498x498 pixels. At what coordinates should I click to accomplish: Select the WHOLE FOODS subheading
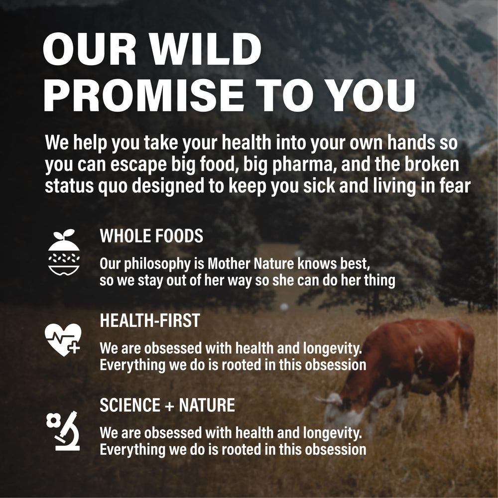tap(151, 236)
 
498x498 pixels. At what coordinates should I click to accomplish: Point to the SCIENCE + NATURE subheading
tap(167, 405)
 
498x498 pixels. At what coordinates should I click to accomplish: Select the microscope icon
tap(64, 431)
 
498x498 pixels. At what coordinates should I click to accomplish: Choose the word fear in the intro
tap(454, 186)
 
